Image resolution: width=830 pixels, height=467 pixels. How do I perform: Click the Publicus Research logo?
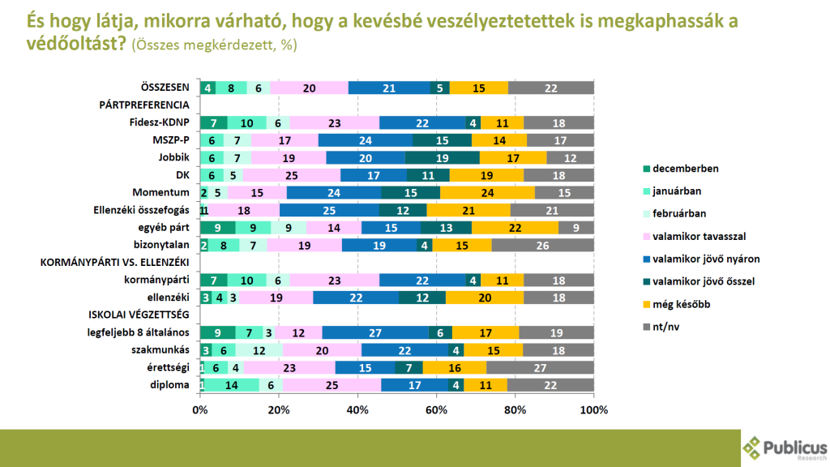[785, 447]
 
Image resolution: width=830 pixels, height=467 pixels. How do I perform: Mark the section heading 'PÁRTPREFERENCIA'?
[143, 105]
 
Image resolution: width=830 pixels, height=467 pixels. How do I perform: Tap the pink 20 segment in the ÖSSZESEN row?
[309, 88]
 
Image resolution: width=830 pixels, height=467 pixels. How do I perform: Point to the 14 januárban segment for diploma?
[231, 385]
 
